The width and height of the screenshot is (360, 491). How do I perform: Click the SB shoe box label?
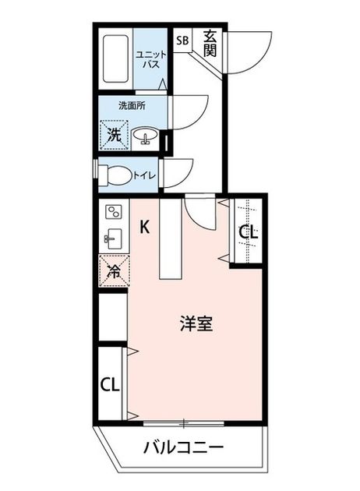click(182, 41)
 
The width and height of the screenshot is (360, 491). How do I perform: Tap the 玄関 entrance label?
click(210, 44)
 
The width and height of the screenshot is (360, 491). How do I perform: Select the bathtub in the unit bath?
click(115, 59)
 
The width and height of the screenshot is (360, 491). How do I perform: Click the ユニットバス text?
click(151, 59)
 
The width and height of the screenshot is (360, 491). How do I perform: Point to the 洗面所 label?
click(132, 105)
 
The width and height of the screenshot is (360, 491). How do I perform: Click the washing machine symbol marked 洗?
click(114, 135)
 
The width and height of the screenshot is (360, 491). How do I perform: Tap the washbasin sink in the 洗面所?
click(145, 136)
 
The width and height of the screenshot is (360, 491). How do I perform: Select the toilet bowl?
click(115, 175)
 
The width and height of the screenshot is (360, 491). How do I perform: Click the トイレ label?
click(145, 175)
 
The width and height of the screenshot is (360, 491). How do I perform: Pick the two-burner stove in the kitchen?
click(114, 212)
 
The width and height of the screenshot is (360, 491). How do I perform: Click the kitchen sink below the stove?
click(113, 239)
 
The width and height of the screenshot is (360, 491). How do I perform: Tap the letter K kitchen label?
click(144, 227)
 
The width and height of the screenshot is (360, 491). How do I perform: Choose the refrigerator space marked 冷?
click(115, 271)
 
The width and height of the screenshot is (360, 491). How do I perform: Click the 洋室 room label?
click(196, 324)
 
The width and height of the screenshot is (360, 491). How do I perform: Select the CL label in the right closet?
click(249, 233)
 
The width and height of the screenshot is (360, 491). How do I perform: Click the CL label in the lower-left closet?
click(110, 384)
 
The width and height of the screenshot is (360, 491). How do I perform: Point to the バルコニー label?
click(183, 448)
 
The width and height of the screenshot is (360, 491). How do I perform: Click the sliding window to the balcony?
click(184, 423)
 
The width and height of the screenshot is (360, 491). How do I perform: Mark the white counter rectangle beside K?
click(171, 238)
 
